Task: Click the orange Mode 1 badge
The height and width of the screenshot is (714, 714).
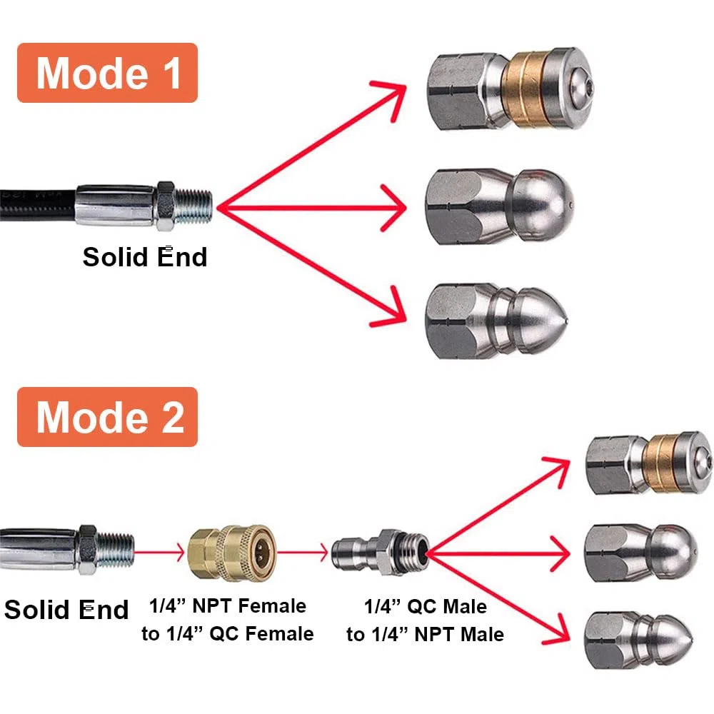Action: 107,73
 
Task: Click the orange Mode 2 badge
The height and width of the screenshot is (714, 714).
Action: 107,417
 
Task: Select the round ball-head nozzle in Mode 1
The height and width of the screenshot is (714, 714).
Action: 500,206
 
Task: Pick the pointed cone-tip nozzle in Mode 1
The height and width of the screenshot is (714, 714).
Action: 496,321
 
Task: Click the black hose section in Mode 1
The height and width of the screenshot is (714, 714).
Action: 37,206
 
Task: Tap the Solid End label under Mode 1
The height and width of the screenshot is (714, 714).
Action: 145,257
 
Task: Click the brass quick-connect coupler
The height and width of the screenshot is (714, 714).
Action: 232,553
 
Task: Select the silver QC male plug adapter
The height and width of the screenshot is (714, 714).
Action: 381,553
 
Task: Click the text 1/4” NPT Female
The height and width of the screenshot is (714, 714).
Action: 228,606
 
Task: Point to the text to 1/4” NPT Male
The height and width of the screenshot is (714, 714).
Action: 426,634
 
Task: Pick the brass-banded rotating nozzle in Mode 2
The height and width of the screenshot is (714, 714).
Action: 648,463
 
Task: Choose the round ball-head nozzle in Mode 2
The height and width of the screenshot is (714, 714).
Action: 640,553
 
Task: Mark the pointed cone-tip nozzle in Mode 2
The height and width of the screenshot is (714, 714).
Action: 638,640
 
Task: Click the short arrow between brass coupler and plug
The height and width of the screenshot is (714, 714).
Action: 302,553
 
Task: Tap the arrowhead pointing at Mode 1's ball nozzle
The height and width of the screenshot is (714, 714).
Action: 394,208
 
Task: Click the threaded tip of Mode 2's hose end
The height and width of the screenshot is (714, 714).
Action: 116,550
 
